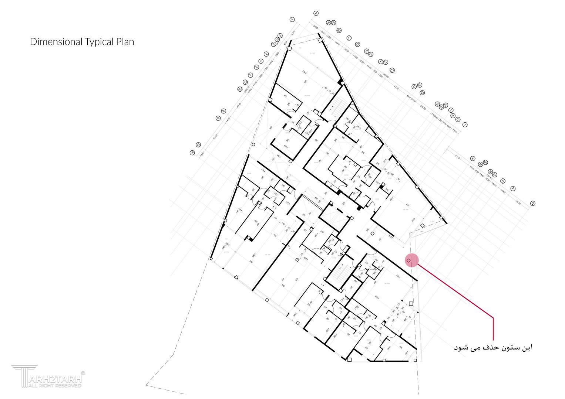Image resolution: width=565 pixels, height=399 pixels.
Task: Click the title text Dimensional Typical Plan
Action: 82,42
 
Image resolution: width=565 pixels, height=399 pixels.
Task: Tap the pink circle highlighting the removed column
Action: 411,260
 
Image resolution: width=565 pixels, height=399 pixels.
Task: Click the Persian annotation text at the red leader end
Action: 493,348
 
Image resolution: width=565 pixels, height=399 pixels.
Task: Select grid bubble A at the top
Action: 316,13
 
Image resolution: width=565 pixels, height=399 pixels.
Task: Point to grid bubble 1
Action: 292,20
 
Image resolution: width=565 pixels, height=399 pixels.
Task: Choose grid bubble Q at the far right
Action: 533,203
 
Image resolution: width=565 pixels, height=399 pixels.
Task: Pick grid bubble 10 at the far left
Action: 192,153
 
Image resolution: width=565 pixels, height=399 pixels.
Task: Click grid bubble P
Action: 513,188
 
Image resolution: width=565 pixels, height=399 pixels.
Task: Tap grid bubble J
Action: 465,125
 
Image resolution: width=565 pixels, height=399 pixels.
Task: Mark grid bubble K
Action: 472,158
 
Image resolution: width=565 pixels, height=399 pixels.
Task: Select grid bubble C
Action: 349,38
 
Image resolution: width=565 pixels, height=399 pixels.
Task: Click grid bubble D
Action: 357,44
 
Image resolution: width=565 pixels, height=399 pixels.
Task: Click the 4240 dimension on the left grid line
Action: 239,105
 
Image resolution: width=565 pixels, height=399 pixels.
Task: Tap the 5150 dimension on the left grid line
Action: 215,137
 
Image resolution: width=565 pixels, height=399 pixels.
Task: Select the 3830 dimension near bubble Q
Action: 518,202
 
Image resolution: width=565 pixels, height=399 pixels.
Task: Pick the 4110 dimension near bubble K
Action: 457,158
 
